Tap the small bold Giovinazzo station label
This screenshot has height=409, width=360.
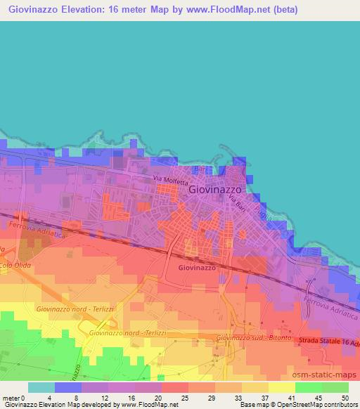click(x=197, y=268)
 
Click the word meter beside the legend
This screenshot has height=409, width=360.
click(x=10, y=398)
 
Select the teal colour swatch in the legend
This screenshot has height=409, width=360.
click(x=41, y=387)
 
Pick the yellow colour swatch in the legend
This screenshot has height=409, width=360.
click(x=282, y=387)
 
